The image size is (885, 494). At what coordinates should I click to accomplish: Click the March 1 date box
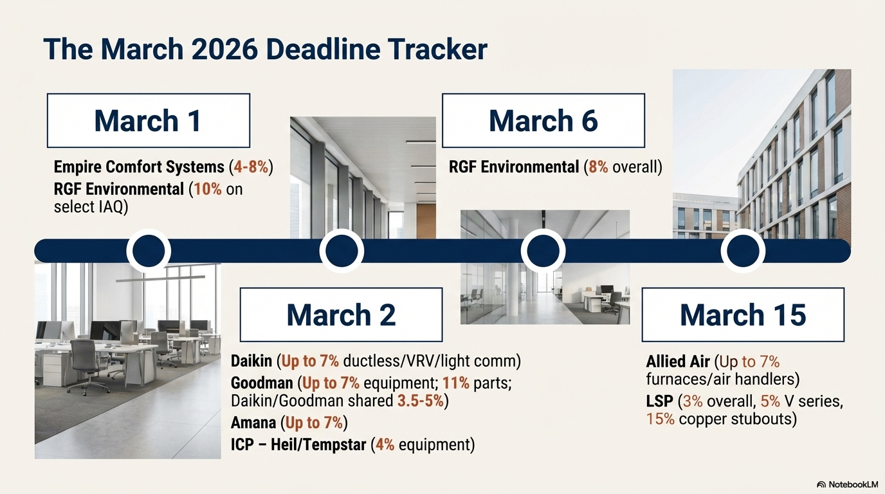point(149,120)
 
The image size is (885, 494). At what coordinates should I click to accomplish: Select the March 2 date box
point(341,315)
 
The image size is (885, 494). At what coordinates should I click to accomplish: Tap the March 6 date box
point(543,120)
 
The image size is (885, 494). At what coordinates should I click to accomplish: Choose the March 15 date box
point(743,315)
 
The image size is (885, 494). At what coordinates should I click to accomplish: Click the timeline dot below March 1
point(149,251)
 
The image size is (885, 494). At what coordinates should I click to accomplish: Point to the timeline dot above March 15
point(743,251)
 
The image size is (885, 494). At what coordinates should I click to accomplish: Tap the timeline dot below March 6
point(543,251)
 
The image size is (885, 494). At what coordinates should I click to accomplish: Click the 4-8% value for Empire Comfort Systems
point(251,167)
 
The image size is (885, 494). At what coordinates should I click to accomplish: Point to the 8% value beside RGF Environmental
point(598,167)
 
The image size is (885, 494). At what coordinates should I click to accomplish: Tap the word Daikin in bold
point(251,361)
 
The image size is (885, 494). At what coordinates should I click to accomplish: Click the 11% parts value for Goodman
point(456,383)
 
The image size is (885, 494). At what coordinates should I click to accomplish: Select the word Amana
point(253,423)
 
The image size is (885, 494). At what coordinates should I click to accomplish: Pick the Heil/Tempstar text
point(318,445)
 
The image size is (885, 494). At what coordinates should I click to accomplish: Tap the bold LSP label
point(659,401)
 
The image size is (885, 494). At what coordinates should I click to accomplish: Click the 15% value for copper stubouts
point(660,419)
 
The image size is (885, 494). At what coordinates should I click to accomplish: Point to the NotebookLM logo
point(847,484)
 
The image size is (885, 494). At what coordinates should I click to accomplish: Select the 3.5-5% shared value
point(421,401)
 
